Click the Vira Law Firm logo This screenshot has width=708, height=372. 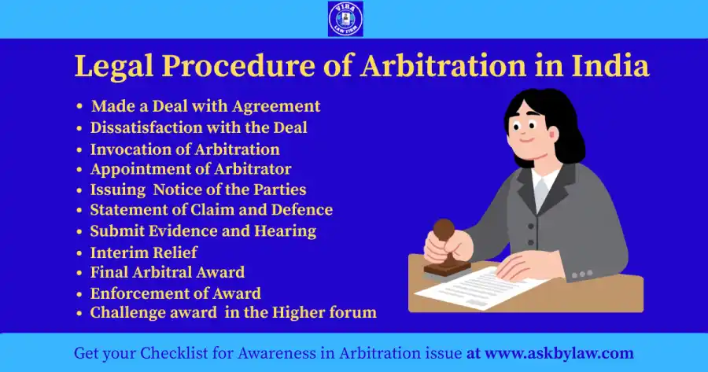345,19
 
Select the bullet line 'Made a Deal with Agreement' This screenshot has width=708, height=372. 205,106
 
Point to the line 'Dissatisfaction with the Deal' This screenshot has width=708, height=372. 198,127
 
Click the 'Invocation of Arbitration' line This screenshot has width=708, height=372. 185,149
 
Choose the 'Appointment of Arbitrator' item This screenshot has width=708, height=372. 190,169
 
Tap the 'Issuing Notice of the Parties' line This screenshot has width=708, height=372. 198,190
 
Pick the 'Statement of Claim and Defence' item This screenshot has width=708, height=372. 211,210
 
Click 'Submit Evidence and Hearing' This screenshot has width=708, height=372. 203,231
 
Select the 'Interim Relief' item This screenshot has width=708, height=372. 143,252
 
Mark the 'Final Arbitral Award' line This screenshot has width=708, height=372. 167,272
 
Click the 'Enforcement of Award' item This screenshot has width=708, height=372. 175,293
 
